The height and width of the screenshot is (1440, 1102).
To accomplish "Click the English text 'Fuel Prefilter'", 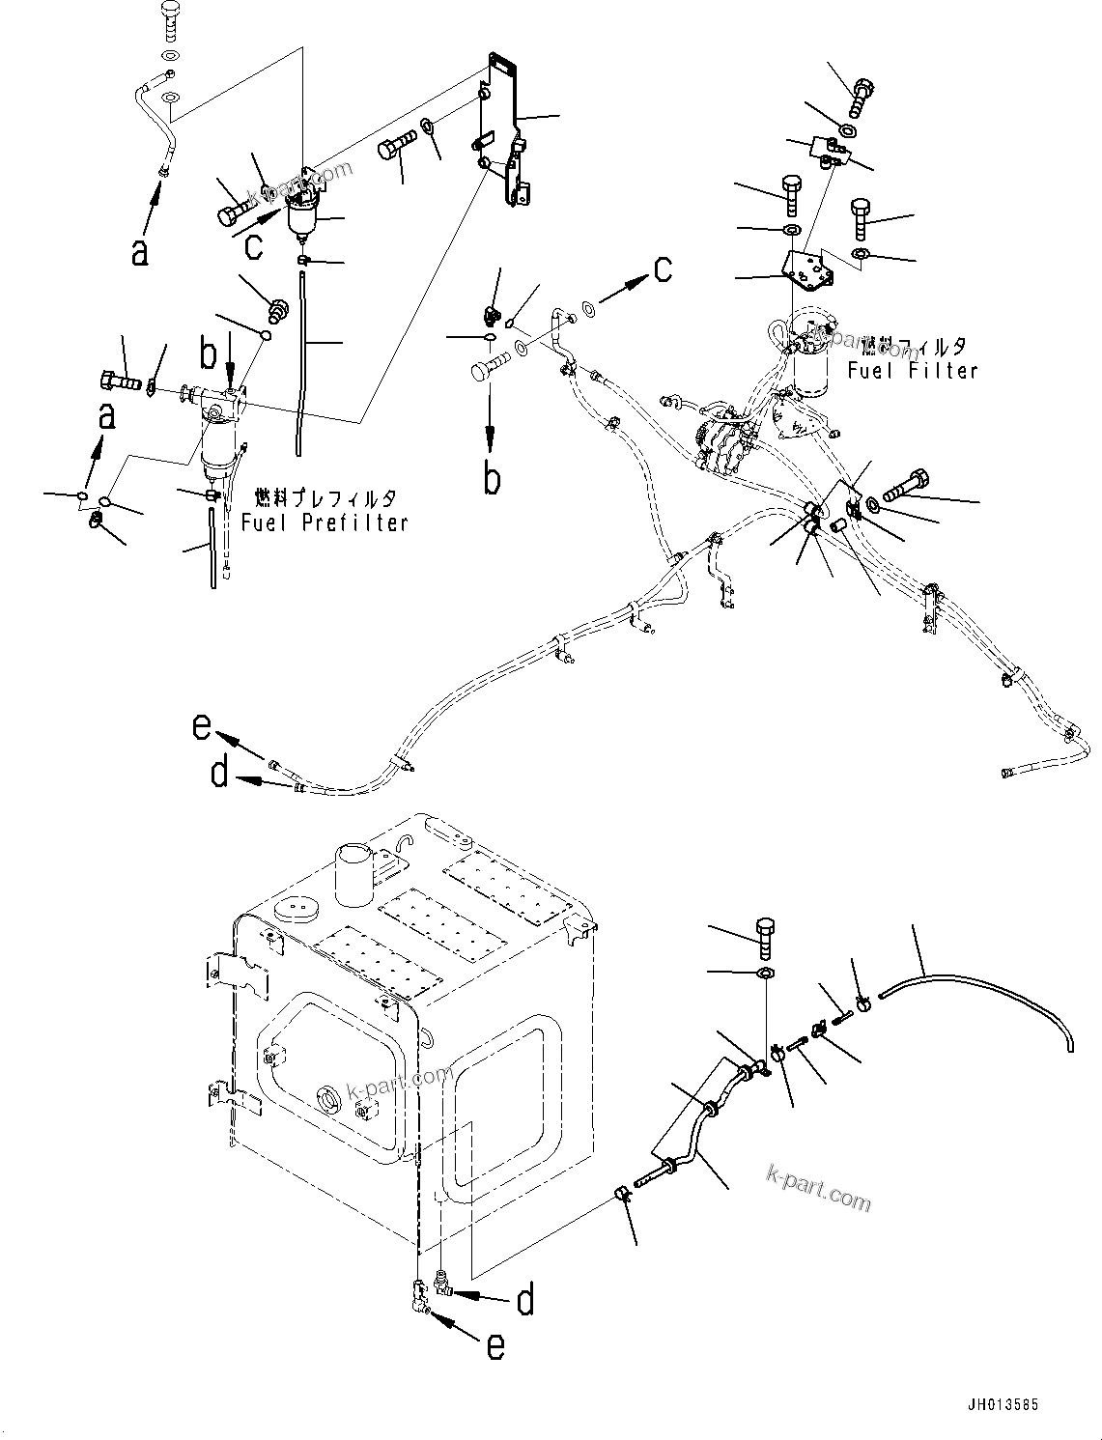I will pyautogui.click(x=325, y=522).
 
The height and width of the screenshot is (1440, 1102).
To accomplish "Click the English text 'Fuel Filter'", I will pyautogui.click(x=913, y=370).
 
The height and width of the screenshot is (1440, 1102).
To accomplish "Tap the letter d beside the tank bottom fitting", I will pyautogui.click(x=524, y=1301).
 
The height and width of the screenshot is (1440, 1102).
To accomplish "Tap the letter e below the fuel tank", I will pyautogui.click(x=494, y=1346).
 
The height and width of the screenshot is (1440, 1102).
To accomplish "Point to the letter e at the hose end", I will pyautogui.click(x=202, y=724).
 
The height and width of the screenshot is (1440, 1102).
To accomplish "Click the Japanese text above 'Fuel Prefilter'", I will pyautogui.click(x=325, y=498).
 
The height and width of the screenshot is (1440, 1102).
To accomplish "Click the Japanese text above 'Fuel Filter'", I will pyautogui.click(x=913, y=346).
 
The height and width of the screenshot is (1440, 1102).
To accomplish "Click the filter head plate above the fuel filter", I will pyautogui.click(x=806, y=270).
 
